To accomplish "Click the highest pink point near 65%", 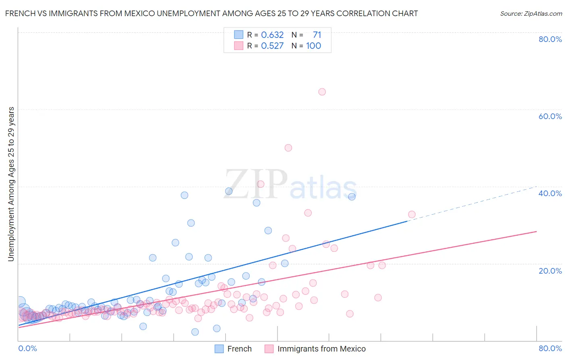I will (322, 92).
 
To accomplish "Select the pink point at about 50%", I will (288, 148).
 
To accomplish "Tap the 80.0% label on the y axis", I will (550, 39).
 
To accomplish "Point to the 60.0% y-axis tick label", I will (550, 116).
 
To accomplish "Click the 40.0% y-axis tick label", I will (550, 193).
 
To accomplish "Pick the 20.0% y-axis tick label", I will (550, 271).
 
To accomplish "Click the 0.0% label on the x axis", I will (28, 348).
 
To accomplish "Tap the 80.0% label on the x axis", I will (550, 348).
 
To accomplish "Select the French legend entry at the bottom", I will (239, 349).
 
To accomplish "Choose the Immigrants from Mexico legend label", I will (321, 349).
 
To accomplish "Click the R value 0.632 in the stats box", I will (272, 35).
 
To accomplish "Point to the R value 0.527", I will (272, 46).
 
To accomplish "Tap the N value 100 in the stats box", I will (313, 46).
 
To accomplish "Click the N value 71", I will (317, 35).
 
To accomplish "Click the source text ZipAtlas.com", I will (531, 14).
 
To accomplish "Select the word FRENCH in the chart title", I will (19, 13).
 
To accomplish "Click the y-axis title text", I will (11, 184).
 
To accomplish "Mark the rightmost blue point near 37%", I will (352, 197).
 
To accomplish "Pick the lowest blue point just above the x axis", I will (195, 332).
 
